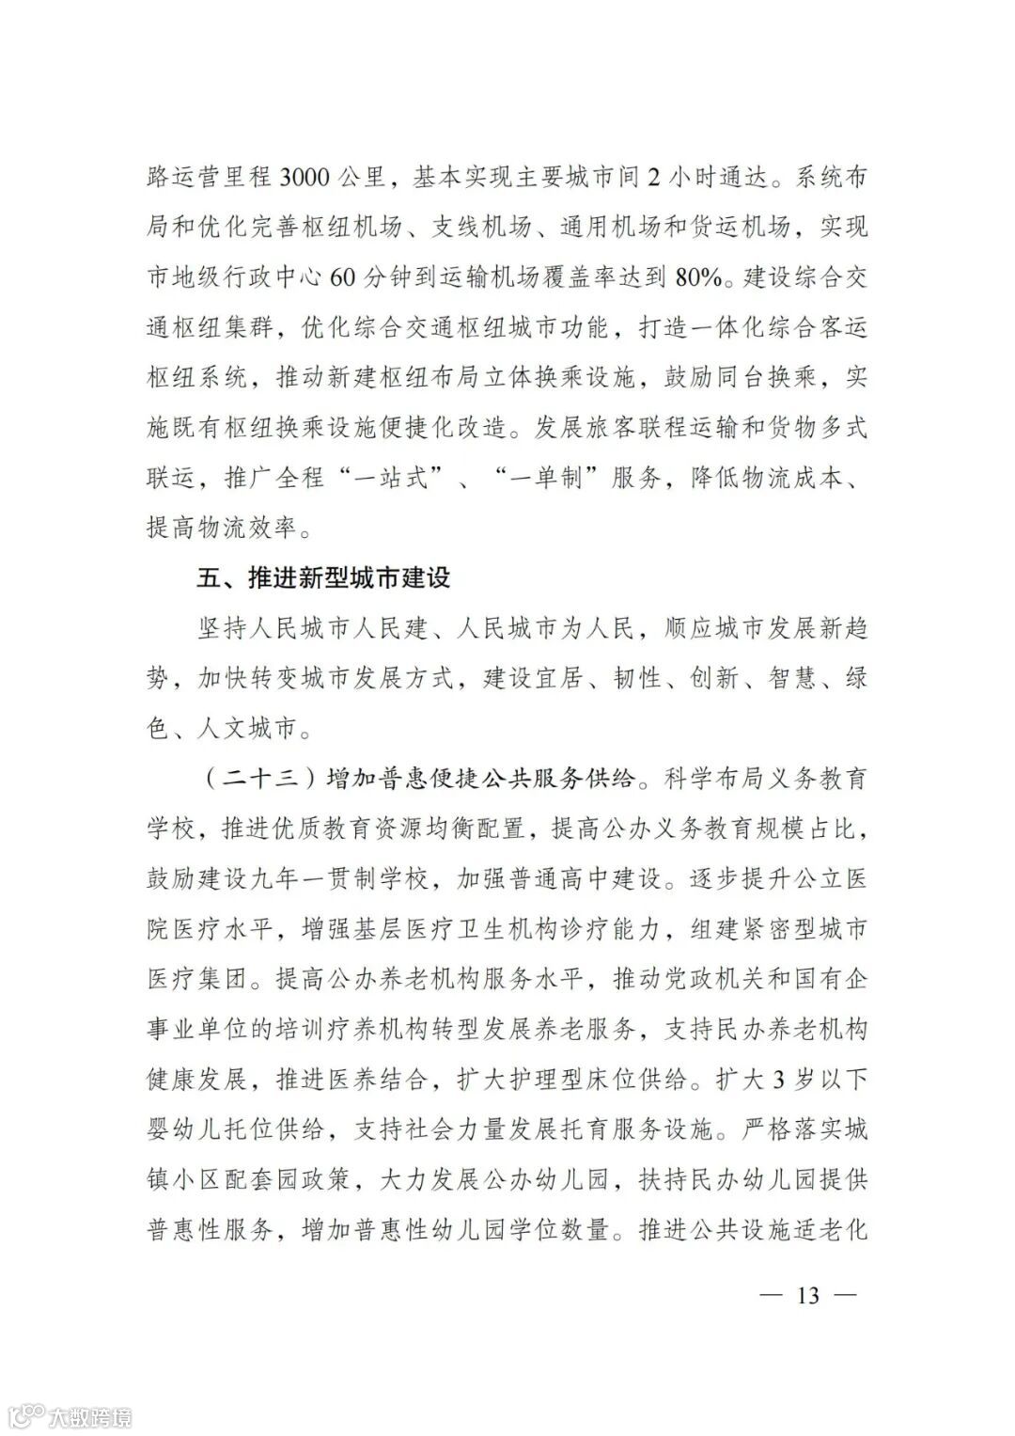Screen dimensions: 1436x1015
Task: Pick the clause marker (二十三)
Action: pos(247,779)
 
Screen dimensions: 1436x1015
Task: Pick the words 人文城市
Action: pos(248,728)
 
